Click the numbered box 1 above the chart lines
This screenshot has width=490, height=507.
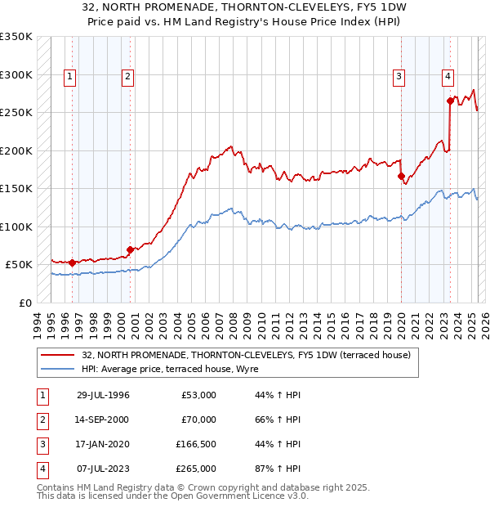pyautogui.click(x=70, y=78)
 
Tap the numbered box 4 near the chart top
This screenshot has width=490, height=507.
pyautogui.click(x=448, y=78)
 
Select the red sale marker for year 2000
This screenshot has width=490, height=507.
pyautogui.click(x=130, y=249)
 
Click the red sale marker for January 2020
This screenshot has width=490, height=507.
pyautogui.click(x=401, y=176)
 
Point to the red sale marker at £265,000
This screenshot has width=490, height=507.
pyautogui.click(x=450, y=101)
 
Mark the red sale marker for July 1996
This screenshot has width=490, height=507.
pyautogui.click(x=72, y=262)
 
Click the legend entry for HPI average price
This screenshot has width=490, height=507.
pyautogui.click(x=170, y=370)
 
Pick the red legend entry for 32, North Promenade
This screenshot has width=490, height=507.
pyautogui.click(x=239, y=355)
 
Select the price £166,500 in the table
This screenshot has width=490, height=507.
pyautogui.click(x=195, y=444)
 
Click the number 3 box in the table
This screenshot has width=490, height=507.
pyautogui.click(x=41, y=444)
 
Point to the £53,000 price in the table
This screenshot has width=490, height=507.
pyautogui.click(x=198, y=395)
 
